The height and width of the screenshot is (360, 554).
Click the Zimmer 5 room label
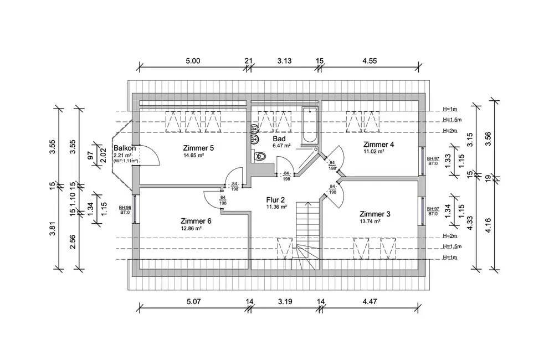tap(198, 148)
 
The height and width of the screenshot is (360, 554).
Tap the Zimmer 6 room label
tap(196, 221)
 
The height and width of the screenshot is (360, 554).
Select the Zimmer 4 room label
tap(378, 145)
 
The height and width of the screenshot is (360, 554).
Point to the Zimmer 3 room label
tap(375, 214)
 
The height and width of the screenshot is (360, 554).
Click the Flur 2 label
tap(275, 200)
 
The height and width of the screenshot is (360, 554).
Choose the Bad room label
tap(279, 139)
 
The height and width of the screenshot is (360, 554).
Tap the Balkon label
tap(125, 148)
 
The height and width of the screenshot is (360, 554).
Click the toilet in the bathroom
tap(259, 156)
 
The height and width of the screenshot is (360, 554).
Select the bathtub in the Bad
tap(310, 125)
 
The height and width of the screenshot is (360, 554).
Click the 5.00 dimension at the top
tap(193, 61)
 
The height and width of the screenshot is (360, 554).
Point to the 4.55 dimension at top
tap(370, 61)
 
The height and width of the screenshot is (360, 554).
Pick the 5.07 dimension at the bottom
tap(193, 302)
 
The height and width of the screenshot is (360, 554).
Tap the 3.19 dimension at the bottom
tap(285, 302)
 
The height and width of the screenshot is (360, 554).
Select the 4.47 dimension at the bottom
tap(370, 302)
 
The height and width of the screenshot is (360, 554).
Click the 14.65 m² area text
tap(193, 156)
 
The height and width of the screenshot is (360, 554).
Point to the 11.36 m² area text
tap(276, 207)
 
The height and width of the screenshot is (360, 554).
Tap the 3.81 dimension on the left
tap(52, 228)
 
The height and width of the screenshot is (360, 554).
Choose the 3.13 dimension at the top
tap(284, 61)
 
